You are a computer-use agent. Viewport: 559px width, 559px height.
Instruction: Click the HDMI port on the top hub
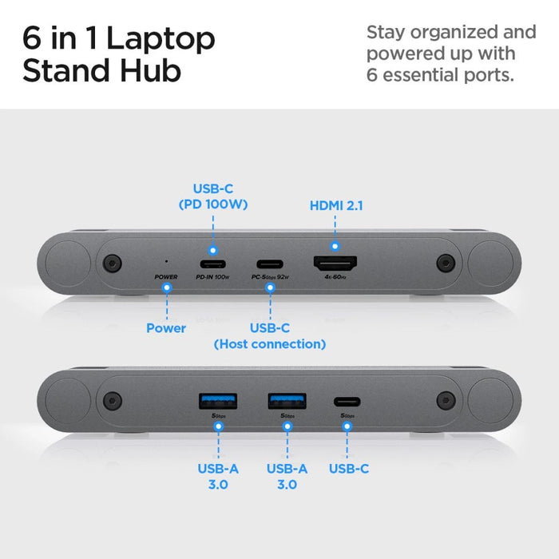point(335,264)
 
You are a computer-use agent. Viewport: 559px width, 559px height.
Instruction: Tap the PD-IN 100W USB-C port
point(212,264)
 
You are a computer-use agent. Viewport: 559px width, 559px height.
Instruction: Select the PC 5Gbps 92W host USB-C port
point(270,264)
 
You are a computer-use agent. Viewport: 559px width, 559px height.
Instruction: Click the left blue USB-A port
point(217,399)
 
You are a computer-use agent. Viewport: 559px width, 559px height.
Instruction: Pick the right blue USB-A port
point(286,399)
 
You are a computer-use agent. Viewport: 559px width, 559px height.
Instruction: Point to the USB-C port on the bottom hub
point(347,401)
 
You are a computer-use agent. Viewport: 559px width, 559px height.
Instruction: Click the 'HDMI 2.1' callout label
point(336,205)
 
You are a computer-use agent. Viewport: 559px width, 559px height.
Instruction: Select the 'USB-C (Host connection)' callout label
point(269,336)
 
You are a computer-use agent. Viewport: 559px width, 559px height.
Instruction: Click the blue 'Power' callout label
point(166,328)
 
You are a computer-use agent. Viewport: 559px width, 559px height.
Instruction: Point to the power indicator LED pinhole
point(166,261)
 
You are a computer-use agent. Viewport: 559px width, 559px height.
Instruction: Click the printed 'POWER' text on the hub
point(166,277)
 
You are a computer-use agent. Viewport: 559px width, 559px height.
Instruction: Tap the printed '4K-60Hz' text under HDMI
point(335,277)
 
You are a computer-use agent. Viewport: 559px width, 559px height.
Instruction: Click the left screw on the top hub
point(112,262)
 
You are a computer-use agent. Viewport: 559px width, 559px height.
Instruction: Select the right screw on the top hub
point(444,262)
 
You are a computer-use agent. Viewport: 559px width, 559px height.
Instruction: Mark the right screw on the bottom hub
point(444,399)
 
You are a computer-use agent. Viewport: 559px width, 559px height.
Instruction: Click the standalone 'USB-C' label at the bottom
point(349,469)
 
